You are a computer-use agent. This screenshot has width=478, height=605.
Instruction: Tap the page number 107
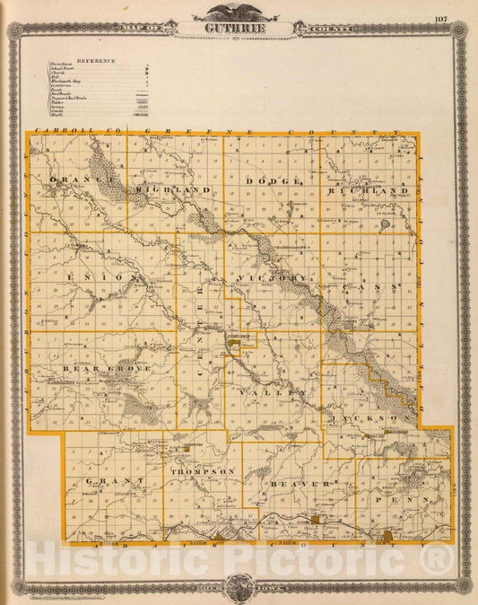[x=439, y=18]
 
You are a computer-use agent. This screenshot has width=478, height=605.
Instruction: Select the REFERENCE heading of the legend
[x=96, y=60]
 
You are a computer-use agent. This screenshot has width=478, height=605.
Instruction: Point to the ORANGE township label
[x=82, y=180]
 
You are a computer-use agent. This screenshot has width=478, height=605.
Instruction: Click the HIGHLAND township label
[x=174, y=190]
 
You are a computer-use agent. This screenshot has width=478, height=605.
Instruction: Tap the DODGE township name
[x=272, y=181]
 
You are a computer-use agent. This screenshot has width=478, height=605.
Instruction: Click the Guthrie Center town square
[x=243, y=340]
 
